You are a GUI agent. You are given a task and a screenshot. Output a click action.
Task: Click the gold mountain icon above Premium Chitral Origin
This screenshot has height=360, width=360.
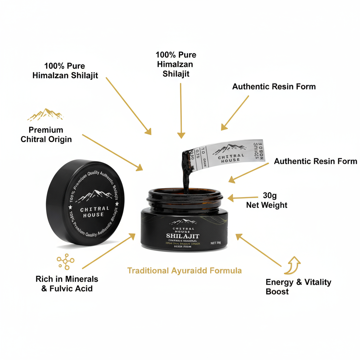(45, 115)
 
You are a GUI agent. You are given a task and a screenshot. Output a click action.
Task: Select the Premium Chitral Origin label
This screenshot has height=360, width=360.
(46, 135)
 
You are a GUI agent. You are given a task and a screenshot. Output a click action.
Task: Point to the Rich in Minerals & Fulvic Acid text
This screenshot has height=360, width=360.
(67, 284)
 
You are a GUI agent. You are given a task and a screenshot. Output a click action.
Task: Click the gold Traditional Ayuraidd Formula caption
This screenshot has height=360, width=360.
(185, 271)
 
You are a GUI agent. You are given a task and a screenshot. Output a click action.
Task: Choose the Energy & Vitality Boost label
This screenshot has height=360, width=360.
(298, 287)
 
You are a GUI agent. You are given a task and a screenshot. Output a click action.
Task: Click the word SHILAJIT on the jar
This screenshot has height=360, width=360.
(183, 236)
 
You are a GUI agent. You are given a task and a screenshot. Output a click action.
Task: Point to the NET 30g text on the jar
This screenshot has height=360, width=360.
(216, 243)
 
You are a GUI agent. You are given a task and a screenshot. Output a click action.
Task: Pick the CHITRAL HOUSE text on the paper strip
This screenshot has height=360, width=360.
(231, 157)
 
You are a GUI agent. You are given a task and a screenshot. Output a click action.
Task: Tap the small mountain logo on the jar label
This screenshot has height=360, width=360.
(183, 222)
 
